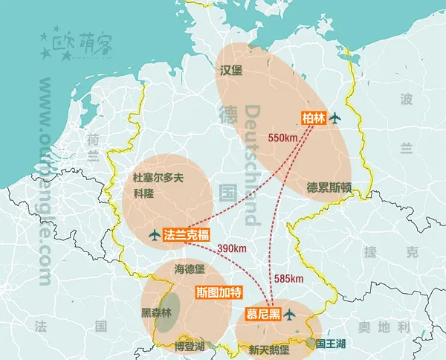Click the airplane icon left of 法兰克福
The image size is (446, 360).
[154, 235]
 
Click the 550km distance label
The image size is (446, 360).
[283, 138]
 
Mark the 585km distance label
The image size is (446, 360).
[289, 279]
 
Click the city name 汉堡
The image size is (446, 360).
[232, 71]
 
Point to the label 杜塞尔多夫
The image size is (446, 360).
[163, 178]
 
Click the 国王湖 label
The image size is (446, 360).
[330, 344]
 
